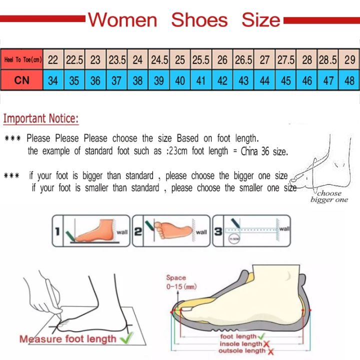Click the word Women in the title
tap(122, 20)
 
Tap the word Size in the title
tap(260, 20)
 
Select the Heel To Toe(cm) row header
tap(22, 60)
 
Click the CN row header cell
tap(22, 80)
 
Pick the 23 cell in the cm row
tap(95, 60)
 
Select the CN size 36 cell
tap(95, 80)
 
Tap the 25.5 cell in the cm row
tap(201, 60)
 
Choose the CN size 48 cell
tap(349, 80)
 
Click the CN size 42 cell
tap(222, 80)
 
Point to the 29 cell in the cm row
tap(349, 60)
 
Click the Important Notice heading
tap(41, 119)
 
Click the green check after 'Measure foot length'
tap(127, 338)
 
